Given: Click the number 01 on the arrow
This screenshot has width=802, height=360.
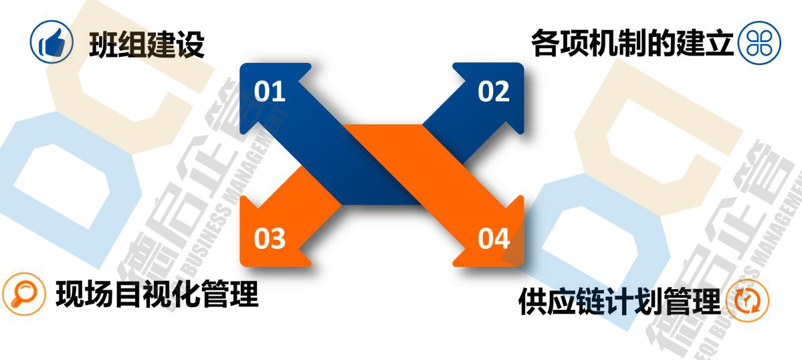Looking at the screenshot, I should point(270,92).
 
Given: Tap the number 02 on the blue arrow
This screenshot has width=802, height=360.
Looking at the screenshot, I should point(494,92).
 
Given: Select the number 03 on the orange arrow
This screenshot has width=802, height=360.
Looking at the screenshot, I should point(270,239).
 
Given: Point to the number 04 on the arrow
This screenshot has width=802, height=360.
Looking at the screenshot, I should point(494,239).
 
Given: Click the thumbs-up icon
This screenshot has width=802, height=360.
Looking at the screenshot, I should point(51,43).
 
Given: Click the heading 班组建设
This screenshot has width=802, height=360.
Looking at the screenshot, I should point(146,45).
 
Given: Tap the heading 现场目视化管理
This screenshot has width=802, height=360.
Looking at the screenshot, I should point(157,294).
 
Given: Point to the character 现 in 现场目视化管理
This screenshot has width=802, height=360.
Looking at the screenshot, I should point(70,294).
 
